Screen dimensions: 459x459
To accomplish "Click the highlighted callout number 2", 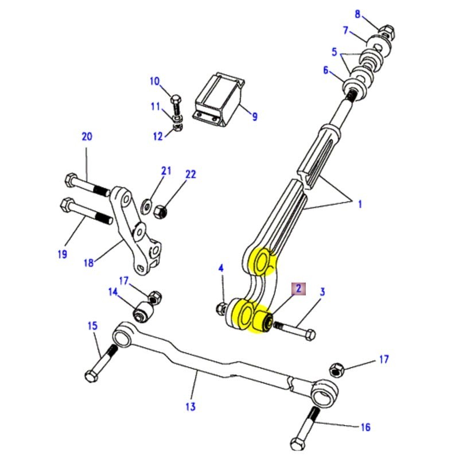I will click(x=298, y=289).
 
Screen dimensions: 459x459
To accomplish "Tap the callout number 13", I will click(x=190, y=407).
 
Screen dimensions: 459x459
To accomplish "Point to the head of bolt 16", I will click(x=298, y=444).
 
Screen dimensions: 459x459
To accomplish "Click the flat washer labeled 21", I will click(x=147, y=203).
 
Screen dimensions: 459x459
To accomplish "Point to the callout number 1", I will click(x=360, y=204).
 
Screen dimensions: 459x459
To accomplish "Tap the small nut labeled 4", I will click(x=221, y=309).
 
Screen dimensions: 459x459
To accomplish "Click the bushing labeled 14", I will click(x=141, y=313).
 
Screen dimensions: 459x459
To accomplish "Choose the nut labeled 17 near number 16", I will click(x=337, y=369).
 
